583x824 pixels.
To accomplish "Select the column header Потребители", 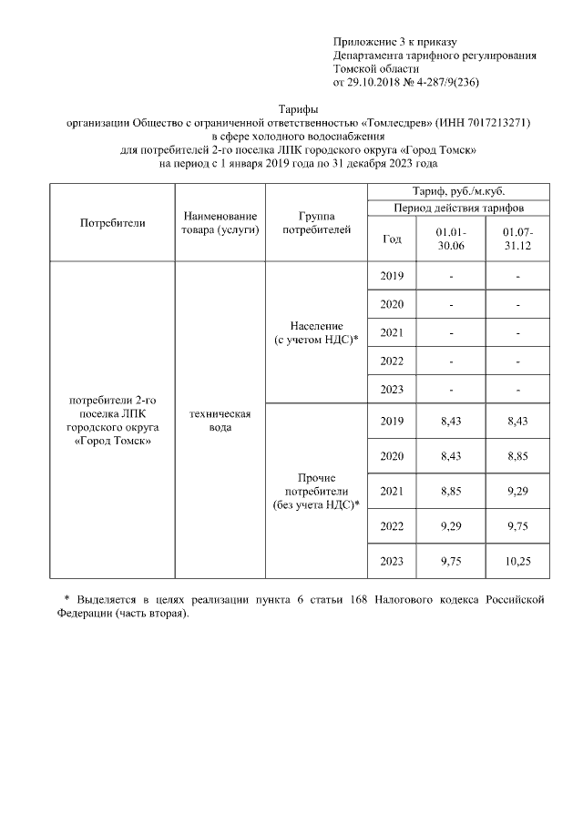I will point(112,222).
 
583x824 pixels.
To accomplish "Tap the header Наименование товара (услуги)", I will point(220,223).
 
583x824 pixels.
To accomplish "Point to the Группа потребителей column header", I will point(315,223).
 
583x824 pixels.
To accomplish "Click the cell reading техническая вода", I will point(220,421).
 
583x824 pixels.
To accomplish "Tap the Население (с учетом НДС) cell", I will point(316,332).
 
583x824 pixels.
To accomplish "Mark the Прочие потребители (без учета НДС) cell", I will point(316,491).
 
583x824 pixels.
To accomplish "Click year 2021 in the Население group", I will point(392,332).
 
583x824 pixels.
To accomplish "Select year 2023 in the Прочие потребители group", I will point(392,562).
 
